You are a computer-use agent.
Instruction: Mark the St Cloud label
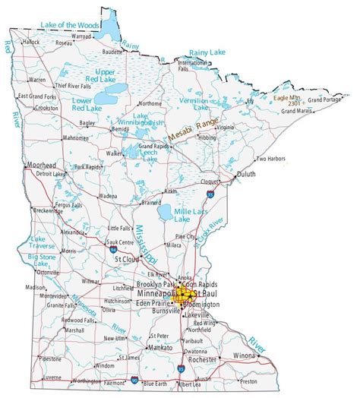(126, 260)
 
